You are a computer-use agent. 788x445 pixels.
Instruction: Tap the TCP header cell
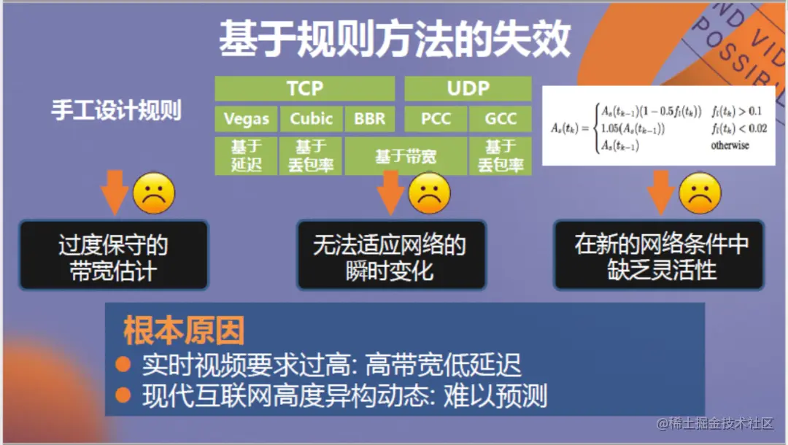click(304, 89)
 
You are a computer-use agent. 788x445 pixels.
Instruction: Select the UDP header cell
click(468, 89)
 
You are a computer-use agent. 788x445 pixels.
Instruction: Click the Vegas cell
click(246, 119)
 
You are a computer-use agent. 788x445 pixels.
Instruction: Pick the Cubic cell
click(311, 119)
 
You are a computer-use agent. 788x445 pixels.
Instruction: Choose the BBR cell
click(369, 119)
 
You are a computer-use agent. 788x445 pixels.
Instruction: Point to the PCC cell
click(436, 119)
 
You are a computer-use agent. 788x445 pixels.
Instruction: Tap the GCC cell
click(501, 119)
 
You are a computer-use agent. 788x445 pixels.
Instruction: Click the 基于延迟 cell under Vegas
click(246, 155)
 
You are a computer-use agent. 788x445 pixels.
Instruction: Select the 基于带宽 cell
click(405, 156)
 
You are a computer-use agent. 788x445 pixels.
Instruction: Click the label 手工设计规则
click(116, 110)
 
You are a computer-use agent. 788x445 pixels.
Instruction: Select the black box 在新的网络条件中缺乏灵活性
click(661, 255)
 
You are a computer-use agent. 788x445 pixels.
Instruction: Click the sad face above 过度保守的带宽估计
click(154, 193)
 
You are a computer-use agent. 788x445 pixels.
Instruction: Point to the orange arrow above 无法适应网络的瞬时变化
click(390, 192)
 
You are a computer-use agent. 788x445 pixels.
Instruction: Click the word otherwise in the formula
click(730, 145)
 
